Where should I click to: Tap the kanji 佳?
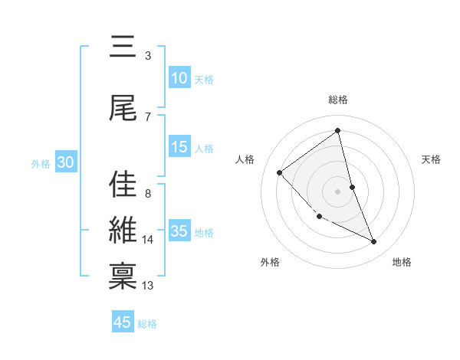123,185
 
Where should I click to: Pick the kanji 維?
123,231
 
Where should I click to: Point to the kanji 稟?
123,277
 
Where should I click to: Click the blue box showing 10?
179,78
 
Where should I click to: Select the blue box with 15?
179,147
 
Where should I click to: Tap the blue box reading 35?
179,231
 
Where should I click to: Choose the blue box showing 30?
65,162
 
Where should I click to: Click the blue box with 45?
123,322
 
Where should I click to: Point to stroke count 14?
148,240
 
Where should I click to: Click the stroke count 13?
148,286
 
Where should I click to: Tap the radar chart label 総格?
338,100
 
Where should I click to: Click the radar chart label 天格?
432,159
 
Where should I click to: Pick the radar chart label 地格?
402,262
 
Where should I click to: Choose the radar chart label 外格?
270,262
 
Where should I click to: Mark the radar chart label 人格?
245,159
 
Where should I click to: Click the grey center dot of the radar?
337,191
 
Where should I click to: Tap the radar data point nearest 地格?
374,242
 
